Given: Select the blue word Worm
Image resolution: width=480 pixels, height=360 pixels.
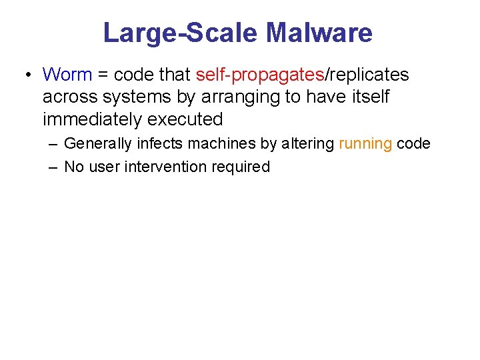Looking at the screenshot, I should tap(67, 74).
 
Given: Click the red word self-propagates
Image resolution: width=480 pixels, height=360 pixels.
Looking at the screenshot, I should tap(260, 74).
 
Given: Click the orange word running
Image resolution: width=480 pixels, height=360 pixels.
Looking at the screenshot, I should tap(365, 143).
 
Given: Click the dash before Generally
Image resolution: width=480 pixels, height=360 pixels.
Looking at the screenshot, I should tap(53, 143).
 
